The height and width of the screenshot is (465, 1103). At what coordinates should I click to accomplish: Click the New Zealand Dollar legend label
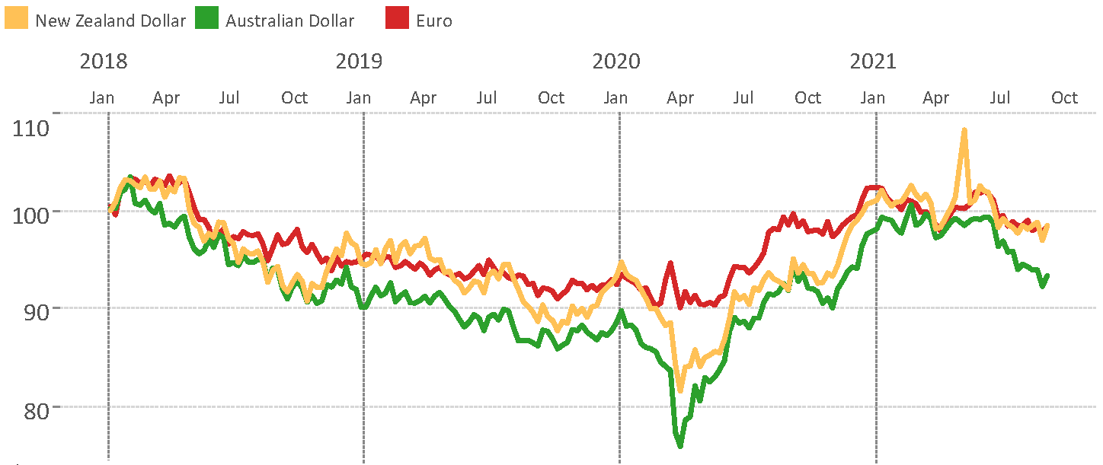110,21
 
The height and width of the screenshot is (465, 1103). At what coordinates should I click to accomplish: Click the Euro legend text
434,21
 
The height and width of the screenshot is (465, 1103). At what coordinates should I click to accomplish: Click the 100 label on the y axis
31,213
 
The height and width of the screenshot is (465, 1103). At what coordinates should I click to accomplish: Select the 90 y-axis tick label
36,311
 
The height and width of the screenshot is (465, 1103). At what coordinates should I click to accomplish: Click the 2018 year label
104,61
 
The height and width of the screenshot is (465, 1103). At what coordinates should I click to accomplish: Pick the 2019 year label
360,61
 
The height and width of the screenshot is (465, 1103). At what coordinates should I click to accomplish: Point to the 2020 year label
616,61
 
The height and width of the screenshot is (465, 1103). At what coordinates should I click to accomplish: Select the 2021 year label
873,61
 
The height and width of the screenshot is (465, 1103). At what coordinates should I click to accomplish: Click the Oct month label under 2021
1064,97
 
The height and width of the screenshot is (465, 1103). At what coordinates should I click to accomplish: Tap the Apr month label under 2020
680,97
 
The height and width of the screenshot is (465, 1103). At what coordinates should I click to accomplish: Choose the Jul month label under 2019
487,97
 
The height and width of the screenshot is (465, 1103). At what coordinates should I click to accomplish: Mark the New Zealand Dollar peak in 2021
964,130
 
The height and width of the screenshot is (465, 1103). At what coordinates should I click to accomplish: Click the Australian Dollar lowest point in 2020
679,445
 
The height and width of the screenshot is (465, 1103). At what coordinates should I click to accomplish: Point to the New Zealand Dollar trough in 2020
680,390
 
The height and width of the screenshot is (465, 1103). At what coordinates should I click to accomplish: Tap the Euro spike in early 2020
670,263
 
